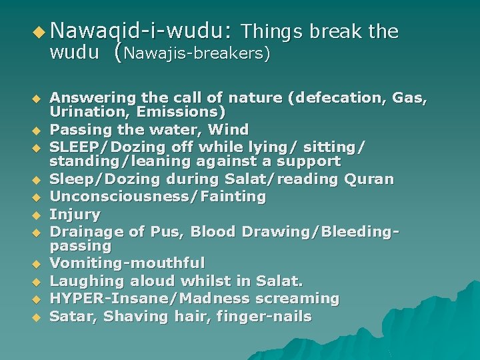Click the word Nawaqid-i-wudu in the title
tap(141, 31)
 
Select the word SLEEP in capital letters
tap(73, 145)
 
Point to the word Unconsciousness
tap(123, 197)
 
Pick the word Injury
tap(75, 215)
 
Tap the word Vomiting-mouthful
tap(127, 264)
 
